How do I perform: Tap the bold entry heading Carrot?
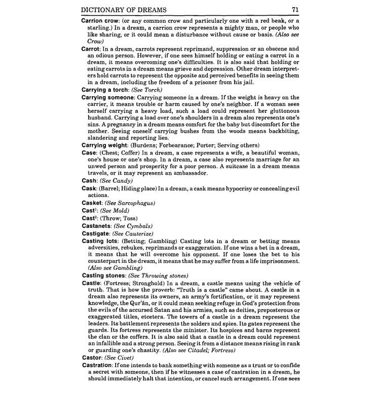(92, 49)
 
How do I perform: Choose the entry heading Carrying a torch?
(105, 90)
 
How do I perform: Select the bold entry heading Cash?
(90, 180)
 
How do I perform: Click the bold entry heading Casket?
(93, 203)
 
